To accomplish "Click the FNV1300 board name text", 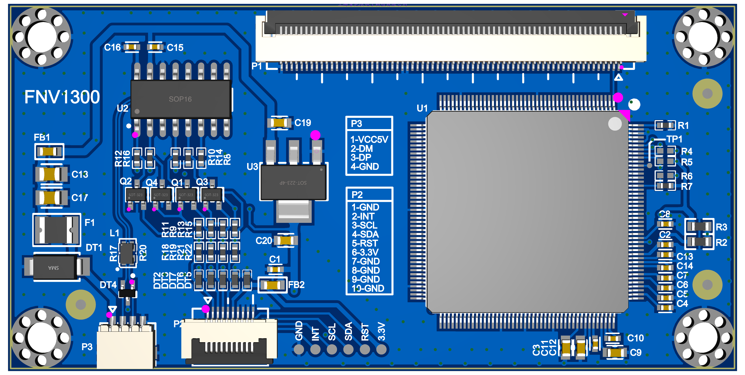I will click(62, 97).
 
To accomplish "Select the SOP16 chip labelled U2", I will click(181, 99).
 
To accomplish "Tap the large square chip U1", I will click(527, 212).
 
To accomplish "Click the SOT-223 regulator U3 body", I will click(293, 182).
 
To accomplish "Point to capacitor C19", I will click(279, 123).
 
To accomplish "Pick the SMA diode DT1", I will click(55, 267).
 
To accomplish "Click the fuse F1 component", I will click(56, 230).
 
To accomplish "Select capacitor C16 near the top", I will click(132, 47).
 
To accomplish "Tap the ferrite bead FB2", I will click(272, 285).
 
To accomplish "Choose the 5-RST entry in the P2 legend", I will click(365, 243).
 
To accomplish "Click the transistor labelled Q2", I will click(136, 195).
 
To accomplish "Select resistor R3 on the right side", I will click(699, 226).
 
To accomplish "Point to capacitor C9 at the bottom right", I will click(615, 353).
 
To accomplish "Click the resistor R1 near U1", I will click(665, 125).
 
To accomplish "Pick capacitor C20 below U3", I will click(286, 241).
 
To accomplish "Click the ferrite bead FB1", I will click(49, 152).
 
